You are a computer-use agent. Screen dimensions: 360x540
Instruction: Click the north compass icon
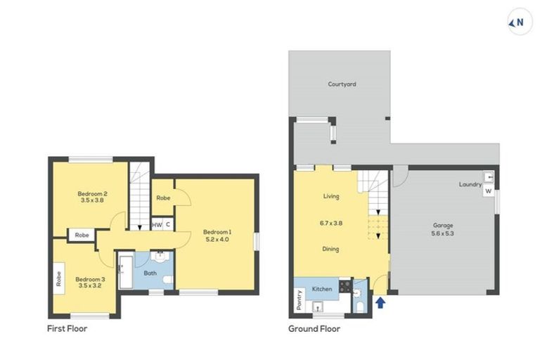coord(517,22)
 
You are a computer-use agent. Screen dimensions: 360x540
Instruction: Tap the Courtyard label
coord(342,84)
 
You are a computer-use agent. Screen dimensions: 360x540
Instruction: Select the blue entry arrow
coord(380,302)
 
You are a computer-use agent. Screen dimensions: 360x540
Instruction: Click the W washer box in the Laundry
coord(487,191)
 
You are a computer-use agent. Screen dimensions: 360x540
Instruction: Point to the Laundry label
coord(470,185)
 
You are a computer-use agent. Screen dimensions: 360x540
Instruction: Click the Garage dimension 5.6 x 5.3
coord(443,235)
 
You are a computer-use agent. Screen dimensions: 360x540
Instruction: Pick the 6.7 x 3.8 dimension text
coord(331,223)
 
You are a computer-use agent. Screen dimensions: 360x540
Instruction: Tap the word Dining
coord(331,248)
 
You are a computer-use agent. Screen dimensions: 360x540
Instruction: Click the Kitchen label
coord(321,289)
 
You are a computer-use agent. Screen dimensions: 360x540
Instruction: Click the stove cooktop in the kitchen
coord(345,286)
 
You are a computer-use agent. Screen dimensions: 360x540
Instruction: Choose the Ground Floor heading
coord(314,328)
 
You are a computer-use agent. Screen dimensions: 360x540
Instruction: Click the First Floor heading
coord(67,328)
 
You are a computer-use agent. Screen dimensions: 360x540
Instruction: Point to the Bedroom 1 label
coord(217,231)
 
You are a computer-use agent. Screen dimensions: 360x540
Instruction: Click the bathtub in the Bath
coord(127,271)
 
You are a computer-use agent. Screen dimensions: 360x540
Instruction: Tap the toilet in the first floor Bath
coord(167,281)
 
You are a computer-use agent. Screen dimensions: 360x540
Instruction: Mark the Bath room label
coord(150,273)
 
